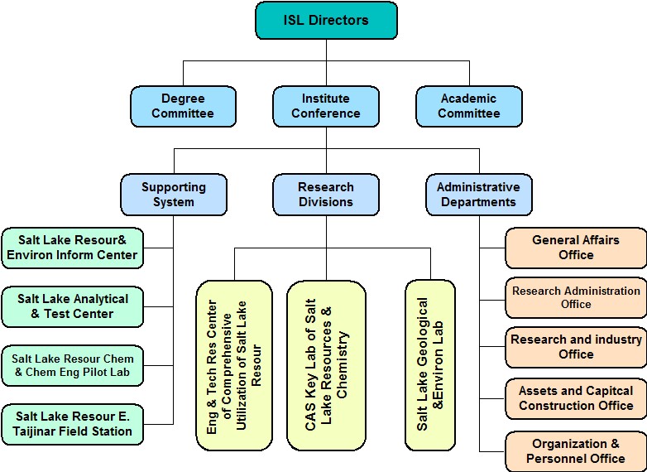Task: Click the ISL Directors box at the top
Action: pyautogui.click(x=326, y=21)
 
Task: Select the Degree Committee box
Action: pyautogui.click(x=183, y=106)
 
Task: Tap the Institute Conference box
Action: pyautogui.click(x=326, y=106)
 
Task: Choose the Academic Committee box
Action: pyautogui.click(x=468, y=106)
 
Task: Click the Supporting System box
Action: pyautogui.click(x=174, y=194)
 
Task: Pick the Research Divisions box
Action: pyautogui.click(x=326, y=194)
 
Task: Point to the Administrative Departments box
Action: pyautogui.click(x=478, y=194)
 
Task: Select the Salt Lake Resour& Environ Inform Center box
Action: pyautogui.click(x=72, y=248)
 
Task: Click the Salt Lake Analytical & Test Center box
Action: pyautogui.click(x=72, y=306)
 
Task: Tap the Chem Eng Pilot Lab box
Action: pyautogui.click(x=72, y=366)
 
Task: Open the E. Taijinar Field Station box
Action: pyautogui.click(x=72, y=423)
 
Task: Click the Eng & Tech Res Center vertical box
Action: pyautogui.click(x=234, y=365)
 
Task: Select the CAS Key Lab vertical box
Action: pyautogui.click(x=326, y=365)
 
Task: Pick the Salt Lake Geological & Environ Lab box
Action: pyautogui.click(x=430, y=365)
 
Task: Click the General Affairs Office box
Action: pyautogui.click(x=576, y=248)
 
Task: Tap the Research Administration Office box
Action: pyautogui.click(x=576, y=297)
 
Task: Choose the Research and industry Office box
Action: pyautogui.click(x=576, y=347)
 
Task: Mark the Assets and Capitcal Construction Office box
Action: pyautogui.click(x=576, y=398)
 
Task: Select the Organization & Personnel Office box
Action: pyautogui.click(x=576, y=451)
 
